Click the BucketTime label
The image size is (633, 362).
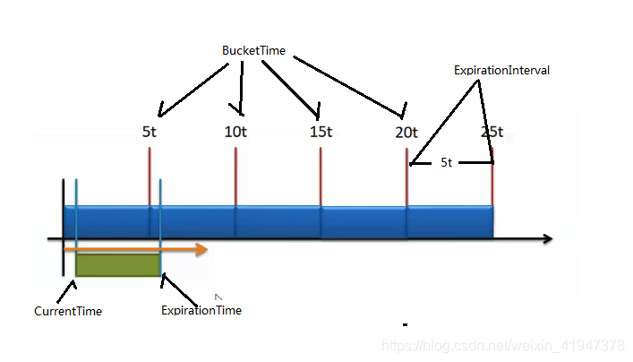(x=253, y=51)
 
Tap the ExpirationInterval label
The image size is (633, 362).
(x=501, y=70)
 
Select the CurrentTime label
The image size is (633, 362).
(x=68, y=312)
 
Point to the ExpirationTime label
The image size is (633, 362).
(x=201, y=311)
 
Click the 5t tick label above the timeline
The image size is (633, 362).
(x=150, y=132)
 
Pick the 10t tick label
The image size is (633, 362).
(x=236, y=132)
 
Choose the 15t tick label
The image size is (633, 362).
(x=321, y=132)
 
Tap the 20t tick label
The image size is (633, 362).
(x=406, y=132)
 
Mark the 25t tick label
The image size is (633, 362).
(x=492, y=132)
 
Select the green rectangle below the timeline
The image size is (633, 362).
(x=117, y=263)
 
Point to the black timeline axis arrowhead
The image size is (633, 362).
(x=546, y=239)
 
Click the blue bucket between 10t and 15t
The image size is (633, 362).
(x=278, y=221)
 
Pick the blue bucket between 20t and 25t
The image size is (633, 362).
(x=449, y=221)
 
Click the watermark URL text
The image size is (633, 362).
(x=502, y=346)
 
